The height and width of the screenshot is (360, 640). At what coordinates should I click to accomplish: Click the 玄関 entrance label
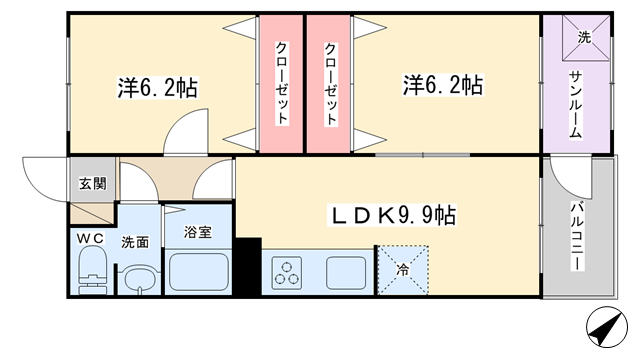coord(93,184)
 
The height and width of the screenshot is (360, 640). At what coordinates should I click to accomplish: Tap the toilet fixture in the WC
coord(92,270)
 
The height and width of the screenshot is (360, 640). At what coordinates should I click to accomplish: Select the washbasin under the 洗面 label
coord(140,280)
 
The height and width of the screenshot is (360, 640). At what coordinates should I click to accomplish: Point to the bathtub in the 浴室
coord(199,272)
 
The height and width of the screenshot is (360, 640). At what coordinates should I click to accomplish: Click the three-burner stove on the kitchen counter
coord(287,273)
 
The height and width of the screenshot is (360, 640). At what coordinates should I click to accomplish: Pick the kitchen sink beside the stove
coord(346,273)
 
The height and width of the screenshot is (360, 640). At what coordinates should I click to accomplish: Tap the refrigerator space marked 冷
coord(403,270)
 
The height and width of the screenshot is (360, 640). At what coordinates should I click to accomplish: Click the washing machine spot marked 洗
coord(586,38)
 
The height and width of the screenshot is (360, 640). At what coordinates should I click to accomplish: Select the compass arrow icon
coord(607,327)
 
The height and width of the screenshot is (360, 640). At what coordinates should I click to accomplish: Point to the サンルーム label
coord(575,104)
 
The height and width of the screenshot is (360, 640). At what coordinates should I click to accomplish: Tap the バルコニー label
coord(577,236)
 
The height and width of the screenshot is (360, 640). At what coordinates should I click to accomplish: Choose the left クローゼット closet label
coord(282,83)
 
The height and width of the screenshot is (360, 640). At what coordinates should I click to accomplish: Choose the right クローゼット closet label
coord(331,83)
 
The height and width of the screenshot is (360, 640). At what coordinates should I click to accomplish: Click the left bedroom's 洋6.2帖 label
coord(158,87)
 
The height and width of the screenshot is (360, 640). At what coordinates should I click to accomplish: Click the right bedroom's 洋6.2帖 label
coord(443,85)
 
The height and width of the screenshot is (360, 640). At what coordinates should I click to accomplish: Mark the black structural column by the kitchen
coord(249,266)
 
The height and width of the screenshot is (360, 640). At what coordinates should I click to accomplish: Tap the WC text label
coord(90,238)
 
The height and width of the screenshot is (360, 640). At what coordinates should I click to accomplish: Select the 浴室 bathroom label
coord(198,232)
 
